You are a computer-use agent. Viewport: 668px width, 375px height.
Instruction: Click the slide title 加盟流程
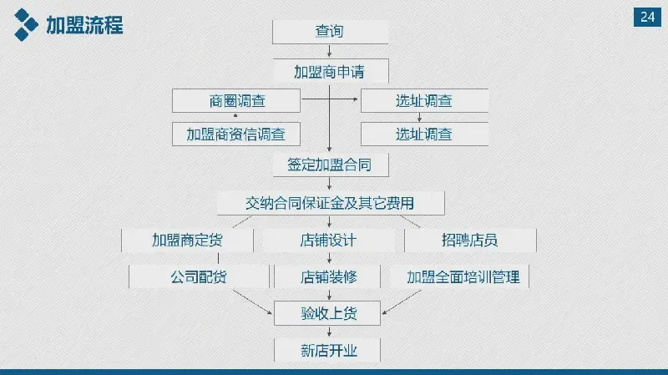coord(84,25)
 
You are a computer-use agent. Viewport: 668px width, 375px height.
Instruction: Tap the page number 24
coord(647,17)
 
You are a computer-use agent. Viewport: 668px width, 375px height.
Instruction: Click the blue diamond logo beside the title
coord(26,25)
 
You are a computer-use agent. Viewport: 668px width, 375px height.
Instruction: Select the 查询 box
coord(330,32)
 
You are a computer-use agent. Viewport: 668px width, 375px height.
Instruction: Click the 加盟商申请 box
coord(331,71)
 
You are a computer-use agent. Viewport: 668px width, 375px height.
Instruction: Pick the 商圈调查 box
coord(236,100)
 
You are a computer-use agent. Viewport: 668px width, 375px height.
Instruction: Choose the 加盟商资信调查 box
coord(236,134)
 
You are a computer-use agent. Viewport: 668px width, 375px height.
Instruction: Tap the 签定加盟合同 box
coord(331,165)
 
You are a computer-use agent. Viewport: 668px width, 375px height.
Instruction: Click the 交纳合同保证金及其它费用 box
coord(331,203)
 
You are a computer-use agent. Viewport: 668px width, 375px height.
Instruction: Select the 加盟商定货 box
coord(187,240)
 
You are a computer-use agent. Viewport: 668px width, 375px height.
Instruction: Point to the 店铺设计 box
coord(328,240)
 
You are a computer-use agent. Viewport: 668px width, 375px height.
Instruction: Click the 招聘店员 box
coord(470,240)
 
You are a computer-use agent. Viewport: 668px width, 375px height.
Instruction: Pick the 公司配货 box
coord(199,276)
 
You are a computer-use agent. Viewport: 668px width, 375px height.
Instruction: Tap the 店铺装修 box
coord(327,276)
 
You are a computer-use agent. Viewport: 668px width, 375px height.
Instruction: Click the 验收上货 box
coord(327,313)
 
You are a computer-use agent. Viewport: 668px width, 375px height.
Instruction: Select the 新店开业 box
coord(327,350)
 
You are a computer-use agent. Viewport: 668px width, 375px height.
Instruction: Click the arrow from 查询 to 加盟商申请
coord(329,51)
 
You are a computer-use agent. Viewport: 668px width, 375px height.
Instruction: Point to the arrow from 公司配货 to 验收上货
coord(252,302)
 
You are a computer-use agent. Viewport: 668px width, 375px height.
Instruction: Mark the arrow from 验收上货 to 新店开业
coord(329,332)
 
